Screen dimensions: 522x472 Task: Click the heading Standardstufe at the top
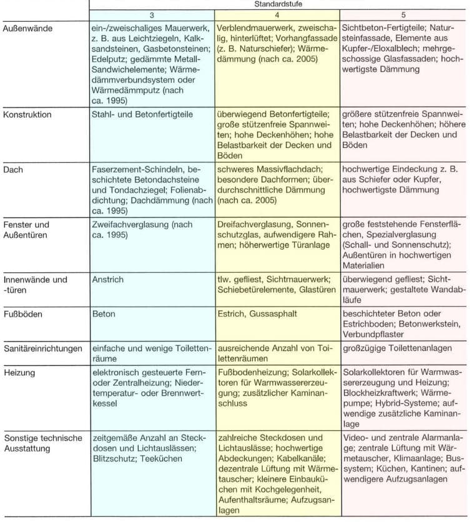pos(278,4)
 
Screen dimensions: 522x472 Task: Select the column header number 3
pos(152,15)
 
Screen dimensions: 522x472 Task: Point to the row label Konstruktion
pos(27,114)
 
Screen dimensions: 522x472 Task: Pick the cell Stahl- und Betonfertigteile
pos(142,114)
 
